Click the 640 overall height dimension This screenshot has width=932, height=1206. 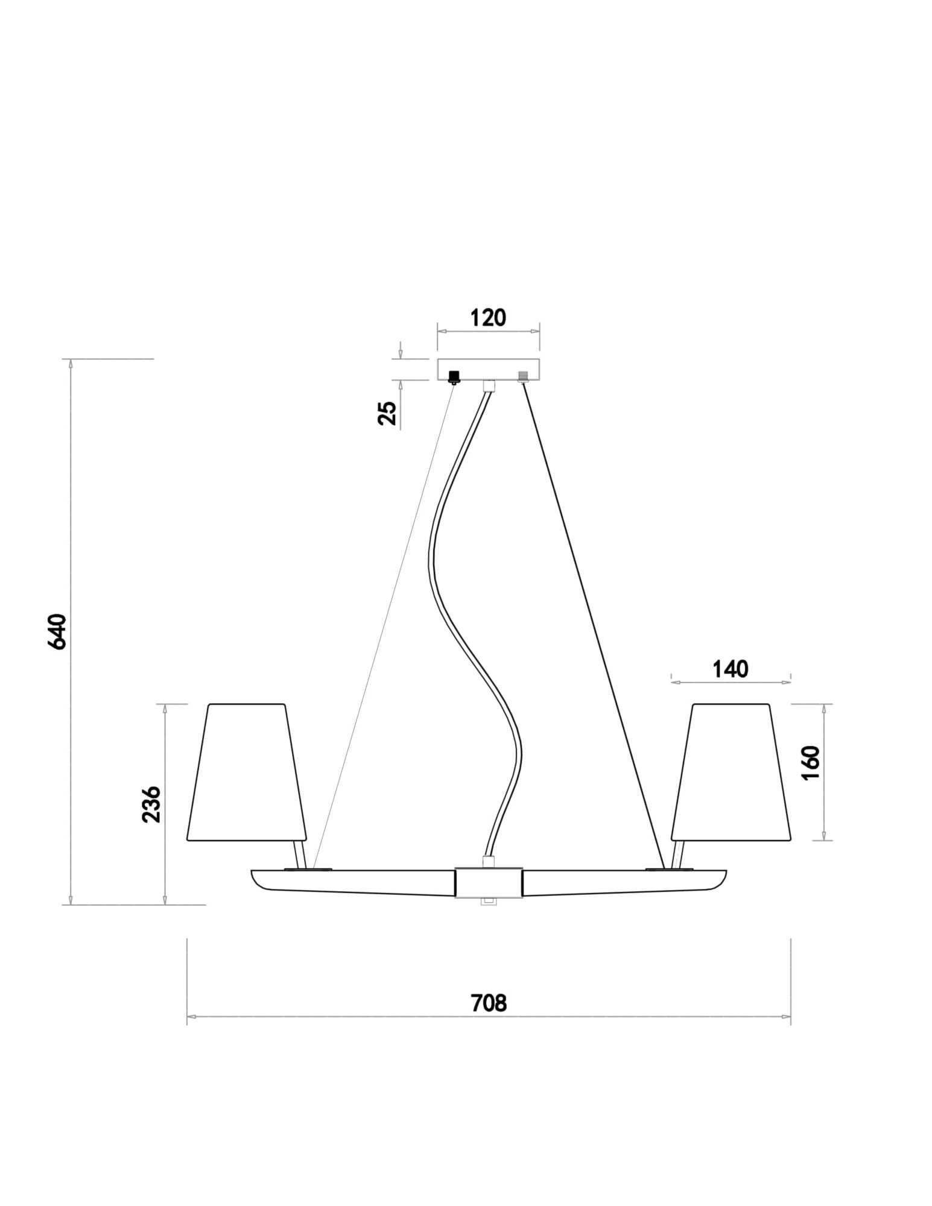pos(57,631)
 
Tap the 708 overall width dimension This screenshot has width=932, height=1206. pos(488,1002)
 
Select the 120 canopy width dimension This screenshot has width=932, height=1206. pos(487,318)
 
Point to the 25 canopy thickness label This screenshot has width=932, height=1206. pos(388,413)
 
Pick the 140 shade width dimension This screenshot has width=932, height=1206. pos(730,669)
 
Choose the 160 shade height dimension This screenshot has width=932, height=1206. pos(811,763)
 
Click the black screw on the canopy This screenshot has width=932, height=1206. pos(454,377)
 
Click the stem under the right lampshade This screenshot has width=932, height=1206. pos(678,854)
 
